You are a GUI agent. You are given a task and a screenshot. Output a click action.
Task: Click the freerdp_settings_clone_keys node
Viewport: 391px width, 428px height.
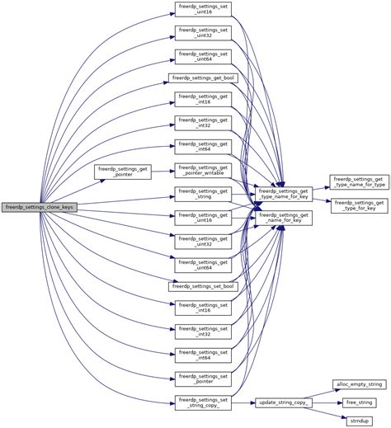[40, 206]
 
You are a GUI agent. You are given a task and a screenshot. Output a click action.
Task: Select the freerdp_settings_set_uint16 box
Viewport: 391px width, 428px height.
[202, 10]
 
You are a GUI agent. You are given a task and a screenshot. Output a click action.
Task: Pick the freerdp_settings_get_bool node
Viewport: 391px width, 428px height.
[202, 78]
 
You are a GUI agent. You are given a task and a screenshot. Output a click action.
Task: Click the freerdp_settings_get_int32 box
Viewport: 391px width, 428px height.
[202, 123]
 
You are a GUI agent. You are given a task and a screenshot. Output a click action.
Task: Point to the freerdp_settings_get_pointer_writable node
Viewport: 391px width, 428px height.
[202, 170]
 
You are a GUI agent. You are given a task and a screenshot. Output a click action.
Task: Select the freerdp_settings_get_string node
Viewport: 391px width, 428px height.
[202, 194]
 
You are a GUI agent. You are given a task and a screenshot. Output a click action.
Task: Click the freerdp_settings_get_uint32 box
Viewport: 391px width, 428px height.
[202, 241]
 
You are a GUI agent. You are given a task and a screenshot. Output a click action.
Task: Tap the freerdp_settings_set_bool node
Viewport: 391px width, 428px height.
[202, 285]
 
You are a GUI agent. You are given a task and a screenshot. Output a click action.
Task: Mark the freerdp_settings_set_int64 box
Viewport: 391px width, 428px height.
[202, 355]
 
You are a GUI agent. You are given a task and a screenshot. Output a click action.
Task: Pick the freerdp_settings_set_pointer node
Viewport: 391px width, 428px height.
[202, 379]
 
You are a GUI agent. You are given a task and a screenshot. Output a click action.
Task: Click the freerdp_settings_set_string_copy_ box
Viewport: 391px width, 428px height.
[202, 402]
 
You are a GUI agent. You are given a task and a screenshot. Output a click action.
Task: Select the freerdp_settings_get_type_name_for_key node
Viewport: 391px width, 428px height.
[285, 194]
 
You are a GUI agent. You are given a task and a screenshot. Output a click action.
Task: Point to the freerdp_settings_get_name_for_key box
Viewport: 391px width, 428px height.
[285, 218]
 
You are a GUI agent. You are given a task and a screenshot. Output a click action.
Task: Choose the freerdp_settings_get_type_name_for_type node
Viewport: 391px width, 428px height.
[358, 181]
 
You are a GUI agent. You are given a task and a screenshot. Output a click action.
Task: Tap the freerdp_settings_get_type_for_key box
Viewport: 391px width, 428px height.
[358, 205]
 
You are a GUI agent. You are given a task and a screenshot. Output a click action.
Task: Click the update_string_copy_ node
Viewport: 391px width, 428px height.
[285, 402]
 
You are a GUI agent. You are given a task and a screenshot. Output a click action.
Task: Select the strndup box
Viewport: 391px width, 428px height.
[358, 420]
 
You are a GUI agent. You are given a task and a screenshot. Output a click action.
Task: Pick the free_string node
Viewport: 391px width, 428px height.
[358, 402]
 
